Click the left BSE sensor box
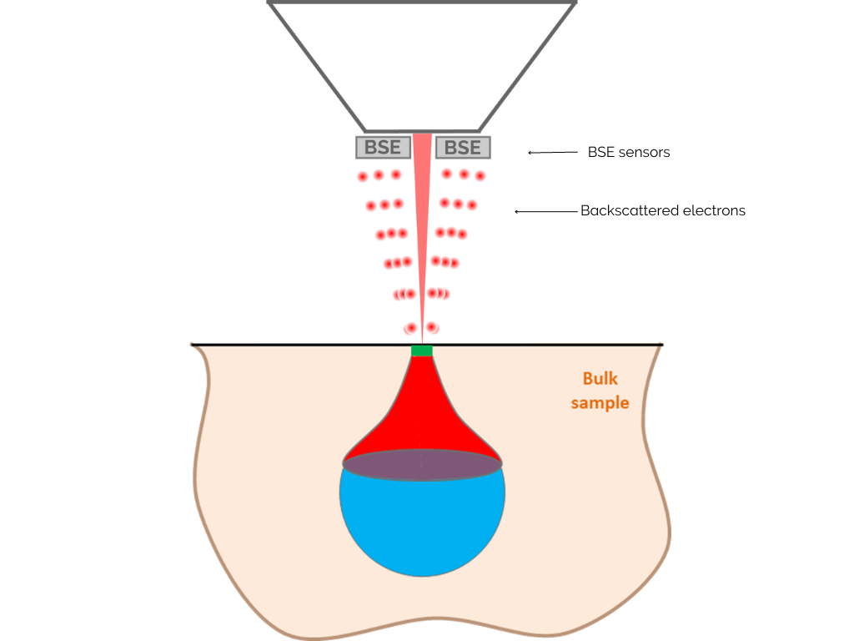click(384, 148)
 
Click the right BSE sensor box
click(463, 148)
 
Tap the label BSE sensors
click(629, 153)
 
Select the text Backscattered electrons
click(663, 211)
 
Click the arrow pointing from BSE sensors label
click(553, 153)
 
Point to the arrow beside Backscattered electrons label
click(546, 212)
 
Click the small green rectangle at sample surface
click(422, 351)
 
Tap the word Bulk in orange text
click(600, 380)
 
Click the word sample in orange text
click(600, 403)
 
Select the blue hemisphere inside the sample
click(422, 526)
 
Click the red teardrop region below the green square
click(422, 417)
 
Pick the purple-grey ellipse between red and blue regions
click(422, 465)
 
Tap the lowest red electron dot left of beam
click(410, 329)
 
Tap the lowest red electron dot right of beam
click(432, 328)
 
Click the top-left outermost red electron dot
click(363, 177)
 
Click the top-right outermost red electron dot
click(480, 176)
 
